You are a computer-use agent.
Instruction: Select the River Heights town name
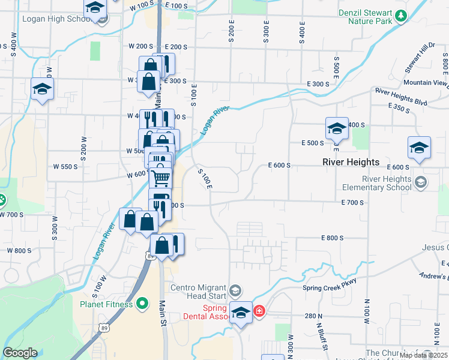351,162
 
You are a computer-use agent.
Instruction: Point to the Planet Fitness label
106,304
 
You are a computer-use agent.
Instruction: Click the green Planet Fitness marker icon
142,304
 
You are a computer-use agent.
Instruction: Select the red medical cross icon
259,311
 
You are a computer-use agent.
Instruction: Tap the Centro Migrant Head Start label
198,292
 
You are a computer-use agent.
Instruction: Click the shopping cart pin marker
160,177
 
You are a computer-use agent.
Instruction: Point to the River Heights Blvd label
401,97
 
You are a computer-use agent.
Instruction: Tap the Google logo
20,353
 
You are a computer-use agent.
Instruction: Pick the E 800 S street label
332,238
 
